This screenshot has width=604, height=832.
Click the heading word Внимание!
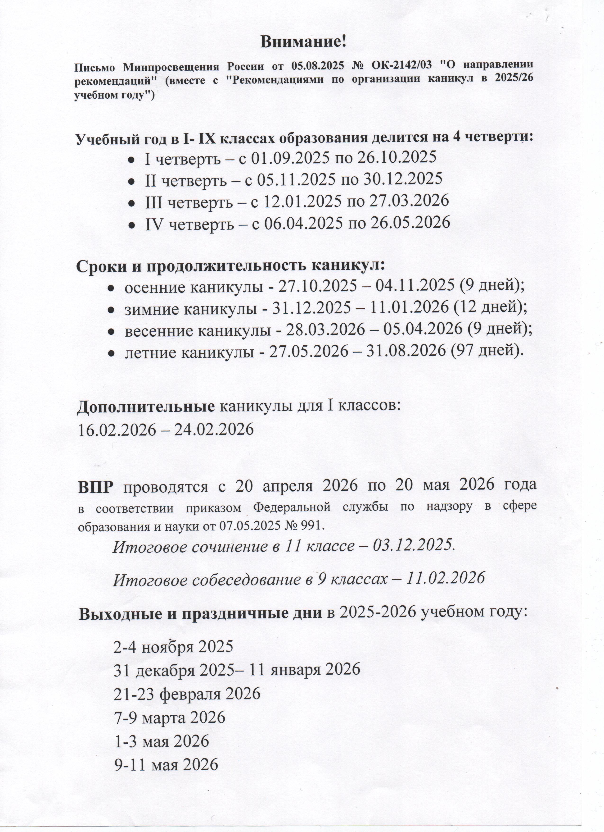click(303, 42)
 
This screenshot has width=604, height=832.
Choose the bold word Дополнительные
click(145, 408)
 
